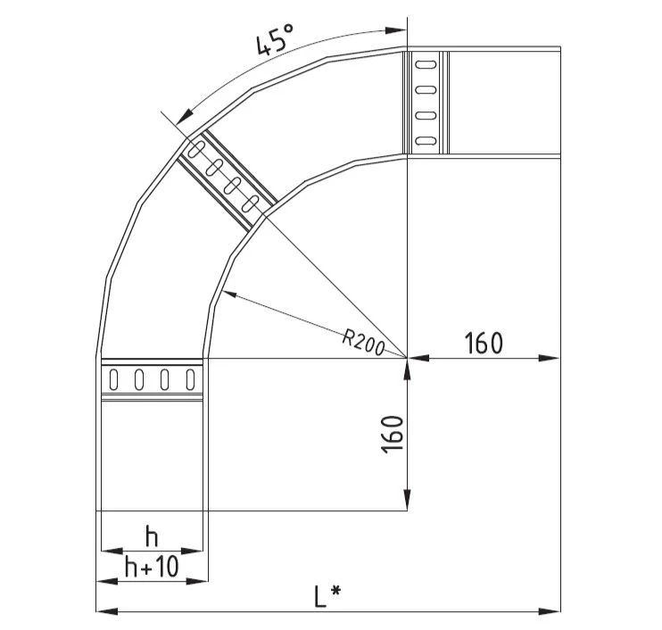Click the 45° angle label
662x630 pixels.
pos(274,41)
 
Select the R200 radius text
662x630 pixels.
pos(362,341)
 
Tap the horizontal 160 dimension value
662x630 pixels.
pos(484,343)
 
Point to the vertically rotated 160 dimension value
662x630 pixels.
pos(393,435)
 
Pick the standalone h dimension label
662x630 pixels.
pos(152,537)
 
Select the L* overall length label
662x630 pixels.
pos(328,595)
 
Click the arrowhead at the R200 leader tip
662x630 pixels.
pos(225,294)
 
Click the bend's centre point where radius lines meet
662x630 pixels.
pos(407,358)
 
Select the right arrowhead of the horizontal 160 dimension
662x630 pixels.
pos(554,358)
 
